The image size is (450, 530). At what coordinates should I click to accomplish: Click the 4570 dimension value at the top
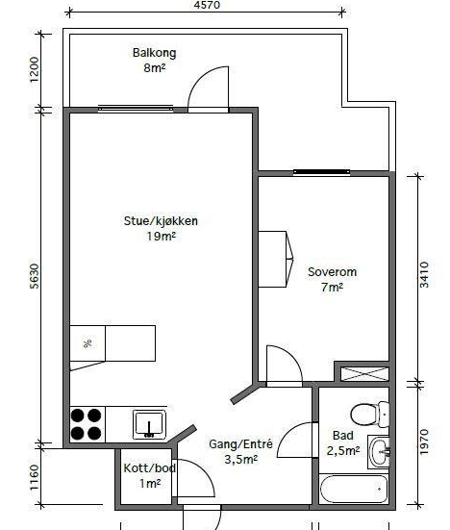click(x=207, y=5)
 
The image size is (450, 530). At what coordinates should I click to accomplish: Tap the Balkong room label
click(x=155, y=53)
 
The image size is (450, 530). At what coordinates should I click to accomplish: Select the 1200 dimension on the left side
click(x=35, y=69)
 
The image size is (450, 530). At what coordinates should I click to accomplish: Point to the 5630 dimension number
click(x=35, y=276)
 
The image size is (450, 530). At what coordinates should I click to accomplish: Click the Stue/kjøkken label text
click(x=161, y=221)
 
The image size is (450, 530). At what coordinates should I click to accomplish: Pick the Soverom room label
click(x=332, y=272)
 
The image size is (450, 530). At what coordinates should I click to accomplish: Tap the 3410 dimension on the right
click(x=424, y=274)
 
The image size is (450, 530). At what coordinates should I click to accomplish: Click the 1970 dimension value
click(x=424, y=442)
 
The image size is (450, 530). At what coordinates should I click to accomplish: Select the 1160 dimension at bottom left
click(x=35, y=477)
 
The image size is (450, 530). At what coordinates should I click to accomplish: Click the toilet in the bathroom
click(x=369, y=414)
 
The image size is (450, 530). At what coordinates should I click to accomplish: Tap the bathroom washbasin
click(x=379, y=452)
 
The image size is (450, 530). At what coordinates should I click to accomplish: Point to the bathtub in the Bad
click(x=354, y=489)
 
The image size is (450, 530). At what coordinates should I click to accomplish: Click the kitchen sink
click(x=149, y=424)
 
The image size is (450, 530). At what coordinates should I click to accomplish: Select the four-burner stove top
click(x=87, y=424)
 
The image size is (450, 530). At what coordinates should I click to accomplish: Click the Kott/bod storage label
click(x=149, y=468)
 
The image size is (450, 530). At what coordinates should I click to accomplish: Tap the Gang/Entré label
click(x=240, y=443)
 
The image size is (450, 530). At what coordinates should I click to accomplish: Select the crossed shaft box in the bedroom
click(x=364, y=374)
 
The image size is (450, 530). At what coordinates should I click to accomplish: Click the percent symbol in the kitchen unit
click(x=87, y=343)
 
